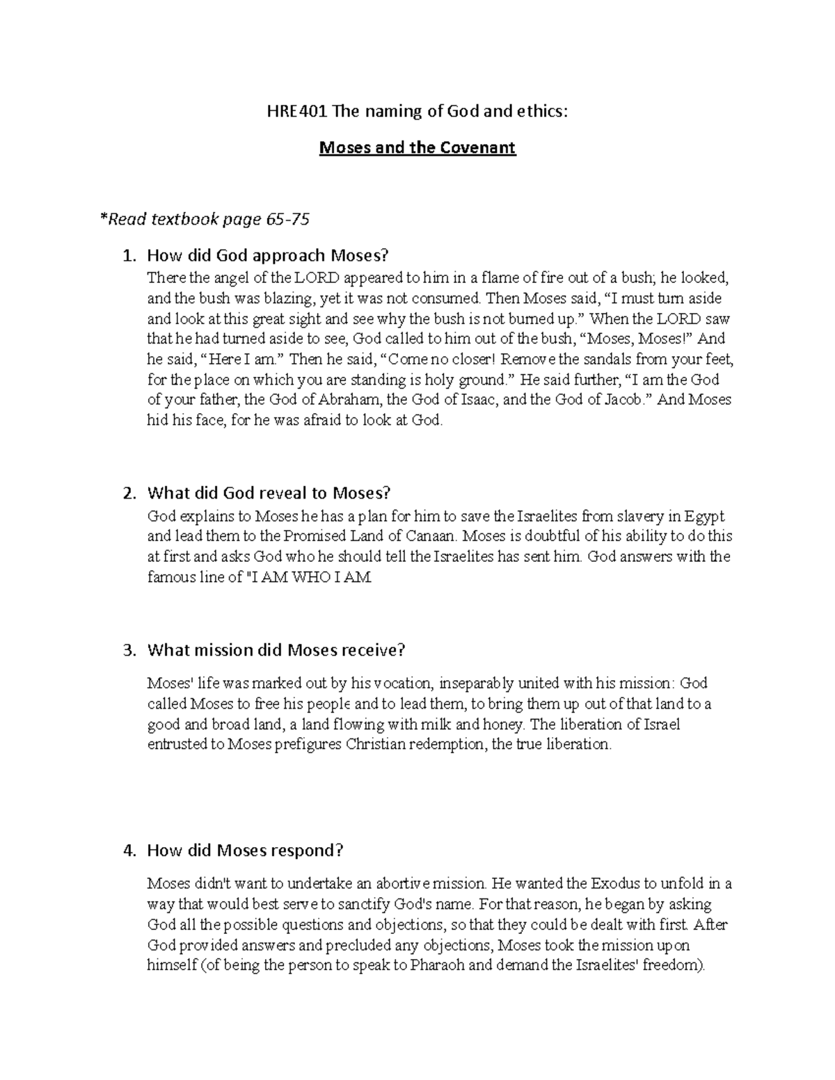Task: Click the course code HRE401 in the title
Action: (287, 111)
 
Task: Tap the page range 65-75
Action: (287, 220)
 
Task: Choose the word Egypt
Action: (705, 516)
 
